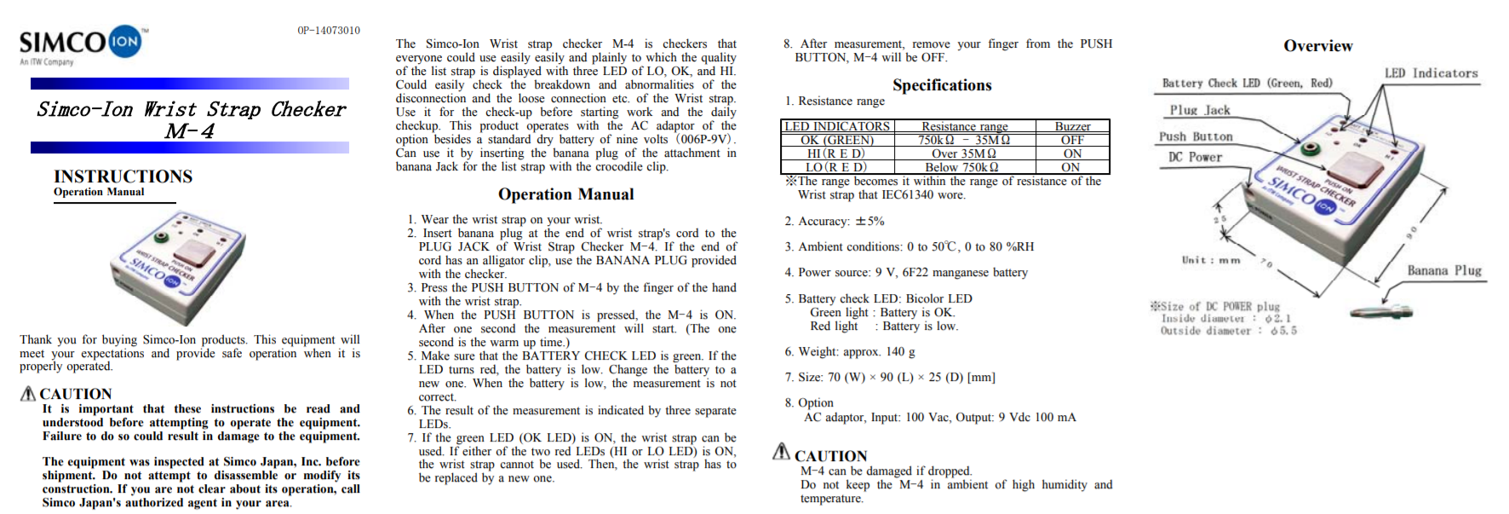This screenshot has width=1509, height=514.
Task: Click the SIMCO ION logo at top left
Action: [x=82, y=43]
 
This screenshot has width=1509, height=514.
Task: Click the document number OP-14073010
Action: [x=328, y=31]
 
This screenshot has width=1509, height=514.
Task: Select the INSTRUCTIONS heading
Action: [x=123, y=176]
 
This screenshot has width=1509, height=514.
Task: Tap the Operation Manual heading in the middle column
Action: [x=565, y=194]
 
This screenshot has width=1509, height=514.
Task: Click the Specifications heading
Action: [x=942, y=85]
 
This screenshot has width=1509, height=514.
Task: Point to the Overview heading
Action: [x=1317, y=46]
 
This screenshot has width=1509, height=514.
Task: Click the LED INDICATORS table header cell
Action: [x=837, y=126]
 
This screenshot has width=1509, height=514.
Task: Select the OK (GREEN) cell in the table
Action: [x=837, y=140]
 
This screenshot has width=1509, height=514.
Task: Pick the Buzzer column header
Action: [x=1072, y=126]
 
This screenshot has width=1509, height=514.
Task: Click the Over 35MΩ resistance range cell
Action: [x=964, y=153]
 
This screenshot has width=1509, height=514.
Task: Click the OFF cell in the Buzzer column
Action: [x=1072, y=140]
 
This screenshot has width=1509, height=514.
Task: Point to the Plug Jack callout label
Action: [x=1199, y=110]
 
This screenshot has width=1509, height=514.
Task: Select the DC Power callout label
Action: [x=1195, y=157]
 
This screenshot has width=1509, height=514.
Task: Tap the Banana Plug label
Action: [x=1444, y=270]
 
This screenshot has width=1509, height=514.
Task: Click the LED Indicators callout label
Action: [x=1431, y=73]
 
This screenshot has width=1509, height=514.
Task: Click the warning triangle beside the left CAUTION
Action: [x=28, y=393]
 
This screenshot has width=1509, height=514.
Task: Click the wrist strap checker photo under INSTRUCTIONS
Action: [x=180, y=264]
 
